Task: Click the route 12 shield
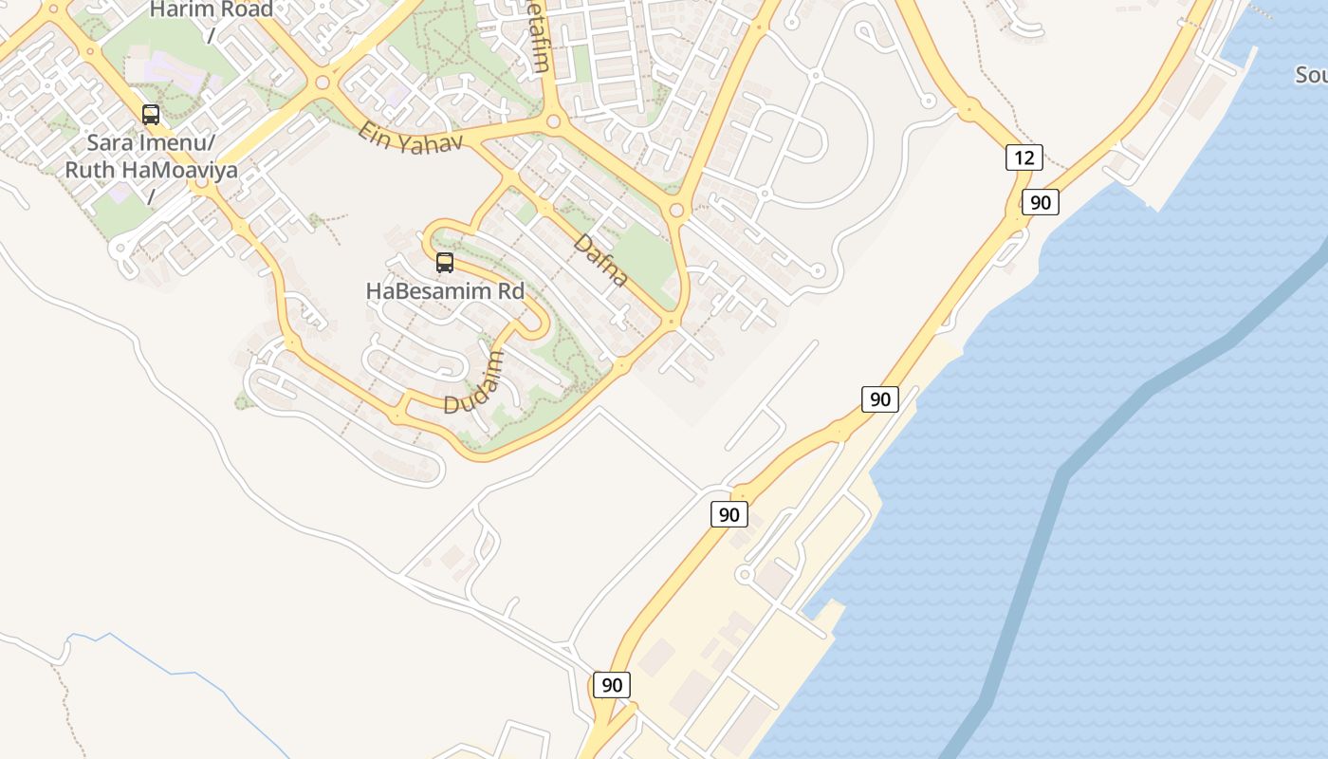[x=1024, y=157]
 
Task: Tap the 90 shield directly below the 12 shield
[x=1041, y=202]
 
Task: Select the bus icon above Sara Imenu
[x=151, y=115]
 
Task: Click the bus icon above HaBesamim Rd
[x=445, y=263]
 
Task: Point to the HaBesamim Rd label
[x=445, y=291]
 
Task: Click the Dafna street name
[x=600, y=261]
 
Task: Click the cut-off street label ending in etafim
[x=539, y=38]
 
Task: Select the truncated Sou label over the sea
[x=1311, y=75]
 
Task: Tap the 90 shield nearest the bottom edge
[x=612, y=684]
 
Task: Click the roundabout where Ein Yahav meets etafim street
[x=554, y=121]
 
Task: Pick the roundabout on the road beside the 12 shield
[x=968, y=109]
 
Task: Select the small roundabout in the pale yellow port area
[x=745, y=575]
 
